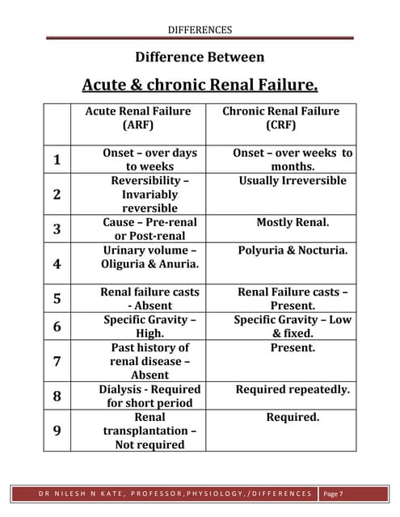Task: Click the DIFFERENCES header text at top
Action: pos(200,30)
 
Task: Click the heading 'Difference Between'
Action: pos(200,57)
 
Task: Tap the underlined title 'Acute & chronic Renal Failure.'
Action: pos(200,85)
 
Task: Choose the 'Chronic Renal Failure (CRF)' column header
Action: pos(280,118)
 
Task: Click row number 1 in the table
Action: pos(57,159)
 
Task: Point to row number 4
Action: pos(57,263)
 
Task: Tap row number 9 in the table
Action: pos(57,431)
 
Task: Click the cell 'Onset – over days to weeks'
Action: pos(149,159)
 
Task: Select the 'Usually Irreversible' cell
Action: pos(293,180)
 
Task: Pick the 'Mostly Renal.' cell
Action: pos(293,221)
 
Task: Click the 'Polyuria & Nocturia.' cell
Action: pos(293,250)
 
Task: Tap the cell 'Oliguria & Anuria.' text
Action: pos(150,264)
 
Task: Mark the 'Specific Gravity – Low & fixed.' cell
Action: pos(293,326)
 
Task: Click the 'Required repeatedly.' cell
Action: pos(293,389)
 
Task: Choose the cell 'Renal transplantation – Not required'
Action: pos(149,431)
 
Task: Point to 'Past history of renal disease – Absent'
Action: pos(149,361)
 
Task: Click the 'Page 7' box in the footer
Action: pos(332,493)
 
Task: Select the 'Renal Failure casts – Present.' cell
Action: pos(293,298)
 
